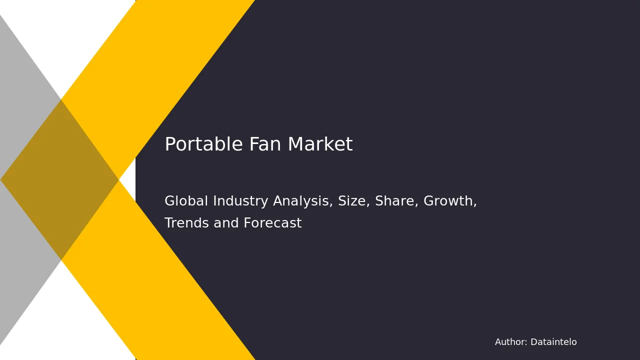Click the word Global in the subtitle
point(186,200)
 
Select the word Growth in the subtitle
point(450,201)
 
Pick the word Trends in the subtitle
point(187,223)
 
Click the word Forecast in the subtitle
point(272,223)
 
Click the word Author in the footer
point(511,342)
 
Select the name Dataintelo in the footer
point(553,342)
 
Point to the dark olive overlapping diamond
point(59,179)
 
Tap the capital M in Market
point(294,144)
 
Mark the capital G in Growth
point(429,201)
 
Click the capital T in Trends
point(169,223)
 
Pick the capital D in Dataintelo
point(534,342)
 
